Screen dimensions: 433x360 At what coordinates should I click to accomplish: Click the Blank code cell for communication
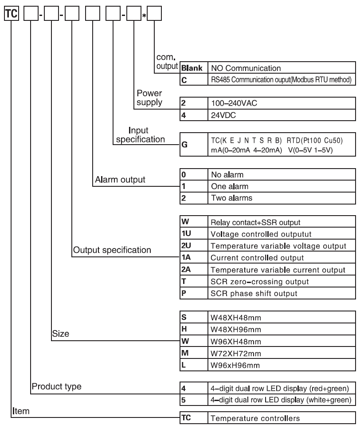click(x=192, y=68)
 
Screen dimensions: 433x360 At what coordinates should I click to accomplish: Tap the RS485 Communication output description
click(x=281, y=79)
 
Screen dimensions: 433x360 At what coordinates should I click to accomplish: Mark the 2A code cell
click(x=192, y=269)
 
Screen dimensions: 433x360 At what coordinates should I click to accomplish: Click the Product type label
click(x=56, y=386)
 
